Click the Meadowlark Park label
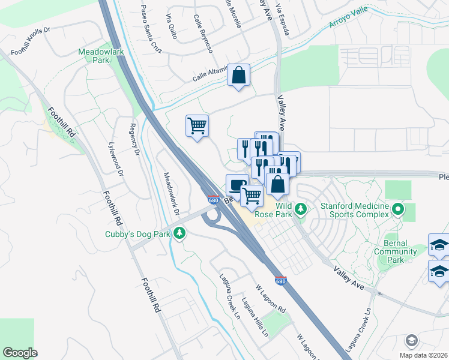pyautogui.click(x=101, y=56)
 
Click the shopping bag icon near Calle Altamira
pyautogui.click(x=238, y=76)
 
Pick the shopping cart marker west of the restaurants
pyautogui.click(x=197, y=126)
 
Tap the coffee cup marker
pyautogui.click(x=237, y=184)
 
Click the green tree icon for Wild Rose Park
pyautogui.click(x=301, y=209)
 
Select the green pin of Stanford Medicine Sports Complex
pyautogui.click(x=397, y=209)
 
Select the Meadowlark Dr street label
pyautogui.click(x=171, y=194)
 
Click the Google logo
pyautogui.click(x=20, y=352)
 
